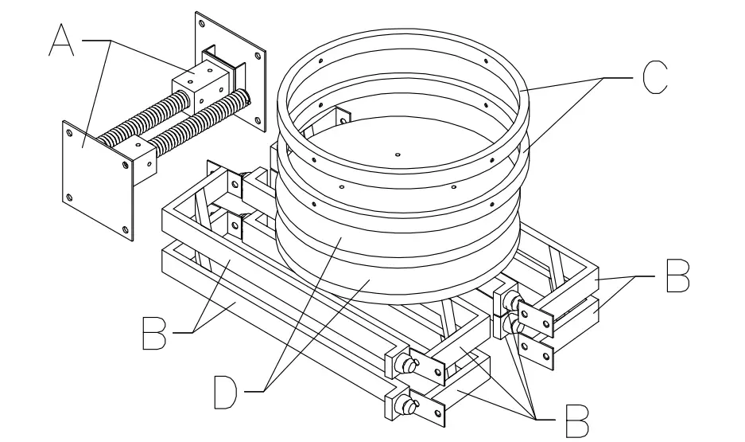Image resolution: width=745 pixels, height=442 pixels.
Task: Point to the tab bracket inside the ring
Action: point(338,118)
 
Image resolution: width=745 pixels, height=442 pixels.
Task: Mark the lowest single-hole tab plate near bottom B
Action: point(434,413)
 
